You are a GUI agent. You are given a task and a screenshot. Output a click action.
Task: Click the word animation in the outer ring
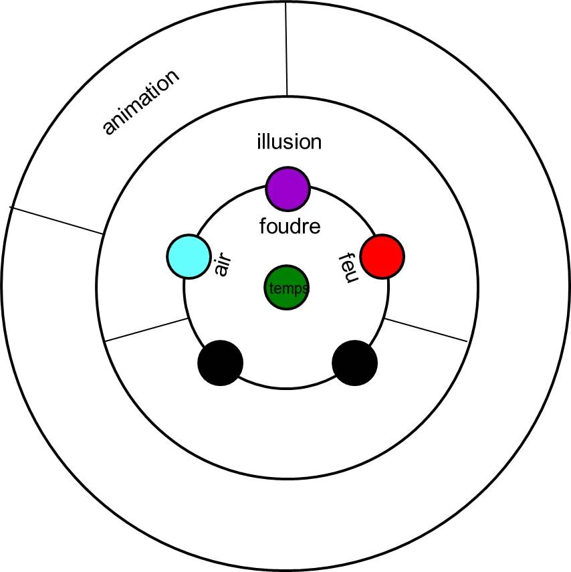(x=141, y=102)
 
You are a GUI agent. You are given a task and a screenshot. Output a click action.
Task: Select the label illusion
(x=289, y=142)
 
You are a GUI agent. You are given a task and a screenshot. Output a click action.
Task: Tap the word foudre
(x=290, y=227)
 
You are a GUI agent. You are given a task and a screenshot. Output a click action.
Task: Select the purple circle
(x=288, y=188)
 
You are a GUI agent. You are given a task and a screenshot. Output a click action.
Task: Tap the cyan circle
(x=190, y=256)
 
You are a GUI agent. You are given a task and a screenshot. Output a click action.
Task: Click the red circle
(x=382, y=256)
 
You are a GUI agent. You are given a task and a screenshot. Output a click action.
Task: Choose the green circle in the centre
(x=286, y=288)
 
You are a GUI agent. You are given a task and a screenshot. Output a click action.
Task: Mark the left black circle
(x=221, y=363)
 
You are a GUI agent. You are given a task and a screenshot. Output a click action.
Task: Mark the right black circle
(x=355, y=363)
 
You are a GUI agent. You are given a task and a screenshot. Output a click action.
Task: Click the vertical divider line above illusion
(x=286, y=50)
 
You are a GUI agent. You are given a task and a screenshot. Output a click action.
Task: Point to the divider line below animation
(x=57, y=220)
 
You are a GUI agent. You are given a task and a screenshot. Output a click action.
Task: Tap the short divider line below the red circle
(x=426, y=330)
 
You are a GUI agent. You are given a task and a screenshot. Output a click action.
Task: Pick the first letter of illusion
(x=259, y=141)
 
